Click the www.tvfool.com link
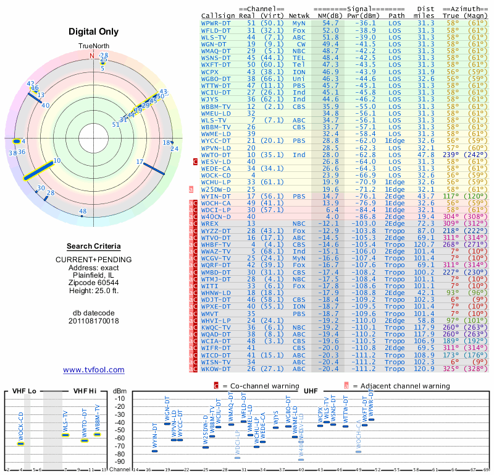(x=94, y=370)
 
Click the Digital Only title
(x=94, y=32)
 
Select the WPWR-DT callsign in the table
(x=216, y=22)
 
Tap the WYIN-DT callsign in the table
(x=216, y=196)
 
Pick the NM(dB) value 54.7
(x=330, y=22)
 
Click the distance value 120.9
(x=424, y=369)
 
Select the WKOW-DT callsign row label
(x=216, y=369)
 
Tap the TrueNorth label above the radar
(x=93, y=47)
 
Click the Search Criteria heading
(x=94, y=246)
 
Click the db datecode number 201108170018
(x=94, y=321)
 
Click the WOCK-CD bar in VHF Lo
(x=20, y=443)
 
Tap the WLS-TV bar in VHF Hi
(x=65, y=435)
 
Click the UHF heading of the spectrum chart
(x=311, y=391)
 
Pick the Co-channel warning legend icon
(x=216, y=386)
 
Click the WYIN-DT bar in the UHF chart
(x=154, y=451)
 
